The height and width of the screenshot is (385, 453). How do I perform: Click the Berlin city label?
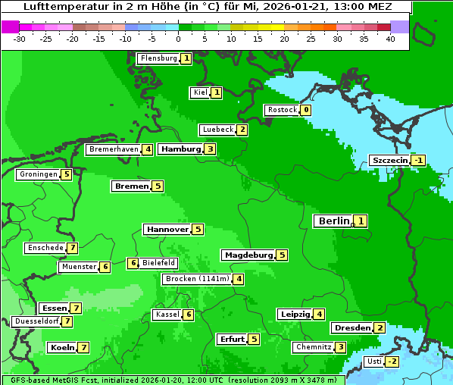(x=333, y=221)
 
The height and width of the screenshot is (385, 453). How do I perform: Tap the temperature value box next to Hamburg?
(x=210, y=149)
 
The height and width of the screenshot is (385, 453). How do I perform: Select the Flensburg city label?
(x=158, y=58)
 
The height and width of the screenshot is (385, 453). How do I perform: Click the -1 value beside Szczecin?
(x=418, y=161)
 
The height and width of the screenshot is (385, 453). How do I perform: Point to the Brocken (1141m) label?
(x=196, y=279)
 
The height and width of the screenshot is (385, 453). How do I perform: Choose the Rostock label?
(x=282, y=110)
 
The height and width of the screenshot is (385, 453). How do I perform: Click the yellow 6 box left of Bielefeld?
(x=133, y=264)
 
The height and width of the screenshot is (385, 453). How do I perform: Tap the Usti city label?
(x=373, y=362)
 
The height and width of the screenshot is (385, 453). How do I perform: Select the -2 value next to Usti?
(x=391, y=362)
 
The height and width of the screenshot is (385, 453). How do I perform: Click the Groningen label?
(x=38, y=174)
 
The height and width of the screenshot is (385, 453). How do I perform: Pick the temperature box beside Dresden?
(x=380, y=328)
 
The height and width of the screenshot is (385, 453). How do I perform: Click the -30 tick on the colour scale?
(x=20, y=39)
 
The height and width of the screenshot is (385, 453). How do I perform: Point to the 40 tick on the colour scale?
(x=390, y=39)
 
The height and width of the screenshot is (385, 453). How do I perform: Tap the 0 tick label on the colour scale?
(x=178, y=39)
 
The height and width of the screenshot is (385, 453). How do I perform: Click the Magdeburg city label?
(x=248, y=255)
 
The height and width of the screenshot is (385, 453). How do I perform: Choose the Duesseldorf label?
(x=36, y=321)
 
